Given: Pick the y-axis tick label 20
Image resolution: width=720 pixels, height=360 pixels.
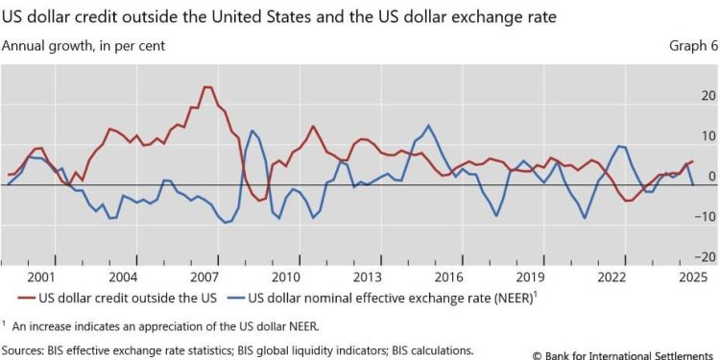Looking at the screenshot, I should click(x=708, y=96).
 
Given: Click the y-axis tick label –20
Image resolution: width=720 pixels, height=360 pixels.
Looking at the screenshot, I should click(x=706, y=257).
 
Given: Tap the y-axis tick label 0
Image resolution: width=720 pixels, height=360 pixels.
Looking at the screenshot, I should click(x=710, y=177).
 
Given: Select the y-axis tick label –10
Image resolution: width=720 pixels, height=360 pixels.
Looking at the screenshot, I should click(x=706, y=217).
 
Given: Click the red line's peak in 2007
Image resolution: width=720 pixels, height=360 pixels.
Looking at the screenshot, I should click(x=206, y=87).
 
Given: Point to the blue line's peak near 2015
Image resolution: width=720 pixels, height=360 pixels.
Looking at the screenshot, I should click(x=427, y=125).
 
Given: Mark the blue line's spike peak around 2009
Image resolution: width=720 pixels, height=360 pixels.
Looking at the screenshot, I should click(x=252, y=131).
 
